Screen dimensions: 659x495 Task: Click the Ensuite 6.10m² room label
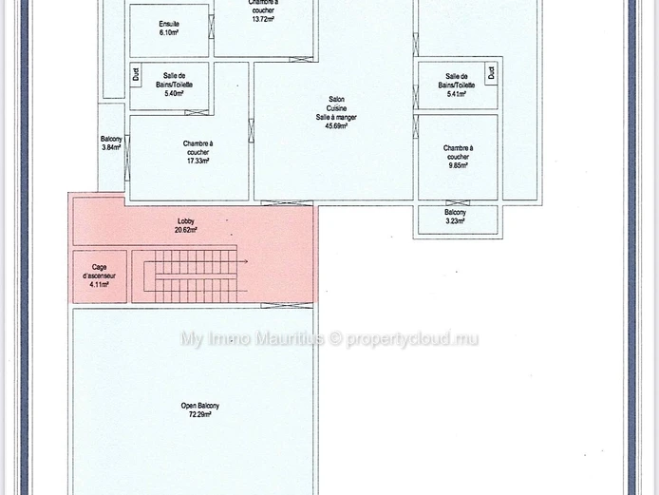click(169, 29)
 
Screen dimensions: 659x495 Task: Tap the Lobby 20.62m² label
click(186, 225)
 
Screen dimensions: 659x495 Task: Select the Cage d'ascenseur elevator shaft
click(100, 276)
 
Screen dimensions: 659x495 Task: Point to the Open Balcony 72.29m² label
click(200, 410)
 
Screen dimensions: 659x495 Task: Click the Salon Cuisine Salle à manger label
click(336, 112)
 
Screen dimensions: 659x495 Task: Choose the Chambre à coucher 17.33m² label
click(198, 152)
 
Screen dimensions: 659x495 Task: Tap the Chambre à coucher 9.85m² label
click(458, 157)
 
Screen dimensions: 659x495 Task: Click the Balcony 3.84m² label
click(111, 143)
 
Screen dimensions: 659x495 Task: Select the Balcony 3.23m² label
click(455, 217)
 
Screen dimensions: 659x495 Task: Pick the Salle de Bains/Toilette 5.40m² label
click(174, 85)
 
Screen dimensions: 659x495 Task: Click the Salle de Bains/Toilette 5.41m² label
click(457, 85)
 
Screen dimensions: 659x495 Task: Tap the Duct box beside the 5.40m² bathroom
click(136, 75)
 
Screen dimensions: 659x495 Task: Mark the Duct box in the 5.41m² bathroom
click(491, 73)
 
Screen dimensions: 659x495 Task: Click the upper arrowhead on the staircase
click(246, 261)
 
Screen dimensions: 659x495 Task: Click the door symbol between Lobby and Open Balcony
click(287, 306)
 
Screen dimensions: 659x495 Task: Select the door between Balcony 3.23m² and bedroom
click(458, 203)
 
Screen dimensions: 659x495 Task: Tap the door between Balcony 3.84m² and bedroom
click(127, 158)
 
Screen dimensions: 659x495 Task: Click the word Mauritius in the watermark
click(290, 338)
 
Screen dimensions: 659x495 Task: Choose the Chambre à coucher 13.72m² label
click(263, 11)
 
